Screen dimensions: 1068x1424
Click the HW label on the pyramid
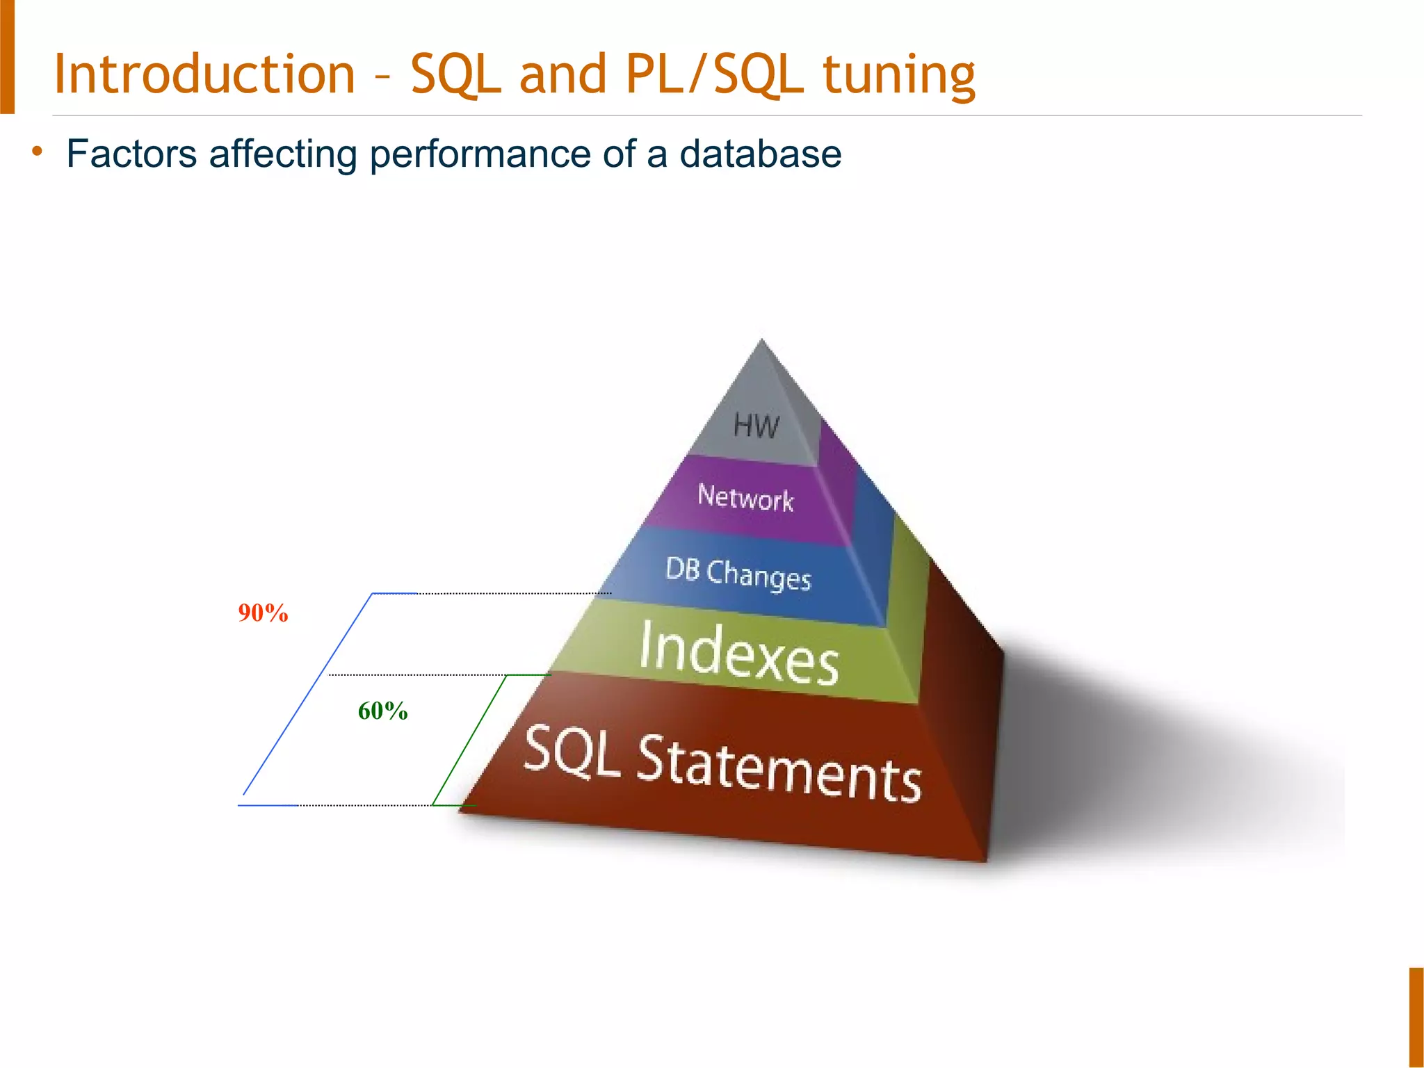coord(756,426)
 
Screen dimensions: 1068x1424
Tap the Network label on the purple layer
coord(745,498)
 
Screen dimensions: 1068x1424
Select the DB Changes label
coord(738,574)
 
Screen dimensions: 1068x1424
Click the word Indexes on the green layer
coord(738,654)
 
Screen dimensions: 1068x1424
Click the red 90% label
coord(263,613)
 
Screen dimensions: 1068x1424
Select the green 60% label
coord(382,711)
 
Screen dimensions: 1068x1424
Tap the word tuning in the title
coord(899,75)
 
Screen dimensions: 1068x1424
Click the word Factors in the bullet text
coord(131,154)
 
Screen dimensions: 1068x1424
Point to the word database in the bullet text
coord(760,154)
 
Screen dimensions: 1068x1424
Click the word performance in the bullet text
coord(480,155)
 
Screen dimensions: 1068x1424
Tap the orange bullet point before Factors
coord(38,151)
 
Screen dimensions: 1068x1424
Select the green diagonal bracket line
coord(469,740)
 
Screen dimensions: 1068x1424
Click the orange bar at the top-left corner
coord(7,56)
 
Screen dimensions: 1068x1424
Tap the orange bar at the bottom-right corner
coord(1416,1017)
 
